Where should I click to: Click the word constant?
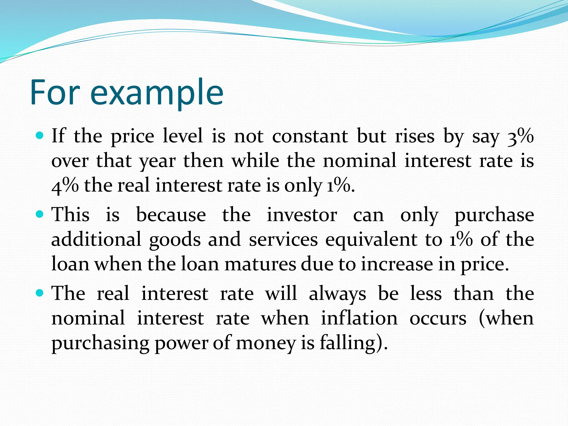click(x=310, y=136)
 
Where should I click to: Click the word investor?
click(x=302, y=215)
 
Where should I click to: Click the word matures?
click(x=260, y=264)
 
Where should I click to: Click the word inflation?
click(x=359, y=318)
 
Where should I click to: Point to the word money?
click(x=266, y=343)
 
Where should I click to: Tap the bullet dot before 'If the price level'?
click(x=40, y=136)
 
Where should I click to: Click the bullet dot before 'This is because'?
click(x=40, y=214)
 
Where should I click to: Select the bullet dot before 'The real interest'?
click(x=40, y=293)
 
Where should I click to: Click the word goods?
click(x=175, y=240)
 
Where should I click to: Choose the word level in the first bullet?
click(x=182, y=136)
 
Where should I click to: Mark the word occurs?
click(x=438, y=318)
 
